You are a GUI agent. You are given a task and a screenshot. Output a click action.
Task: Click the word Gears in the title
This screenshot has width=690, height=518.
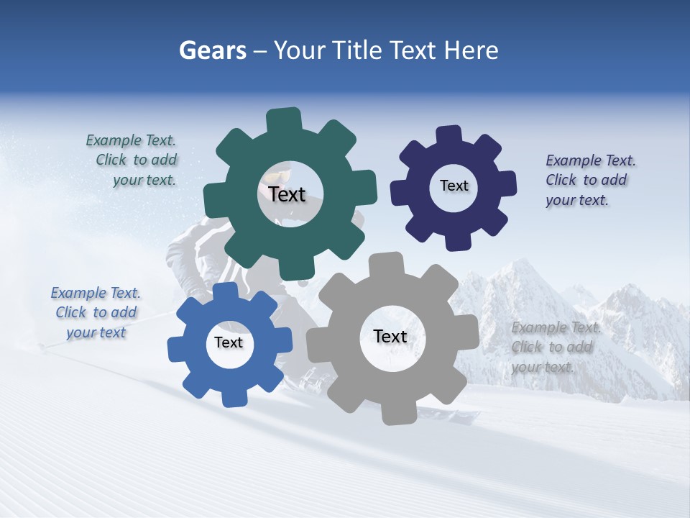[x=212, y=50]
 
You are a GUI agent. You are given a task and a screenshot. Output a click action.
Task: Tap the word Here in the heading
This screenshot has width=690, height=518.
[x=471, y=50]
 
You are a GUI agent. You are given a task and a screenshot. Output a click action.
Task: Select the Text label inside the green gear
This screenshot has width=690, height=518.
[x=287, y=194]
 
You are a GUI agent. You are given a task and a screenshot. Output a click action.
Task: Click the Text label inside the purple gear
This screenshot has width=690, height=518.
[x=454, y=186]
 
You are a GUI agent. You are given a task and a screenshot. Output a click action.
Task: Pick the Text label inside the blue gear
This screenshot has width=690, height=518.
[x=229, y=342]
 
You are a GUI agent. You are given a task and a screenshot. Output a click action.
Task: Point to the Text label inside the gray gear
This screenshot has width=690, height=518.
[x=390, y=336]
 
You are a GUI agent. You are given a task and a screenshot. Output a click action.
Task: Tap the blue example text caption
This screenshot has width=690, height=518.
[x=96, y=313]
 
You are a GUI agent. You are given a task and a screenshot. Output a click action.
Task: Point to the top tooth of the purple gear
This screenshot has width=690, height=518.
[x=448, y=135]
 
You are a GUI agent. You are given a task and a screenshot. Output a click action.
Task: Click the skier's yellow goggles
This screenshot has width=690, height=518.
[x=277, y=173]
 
